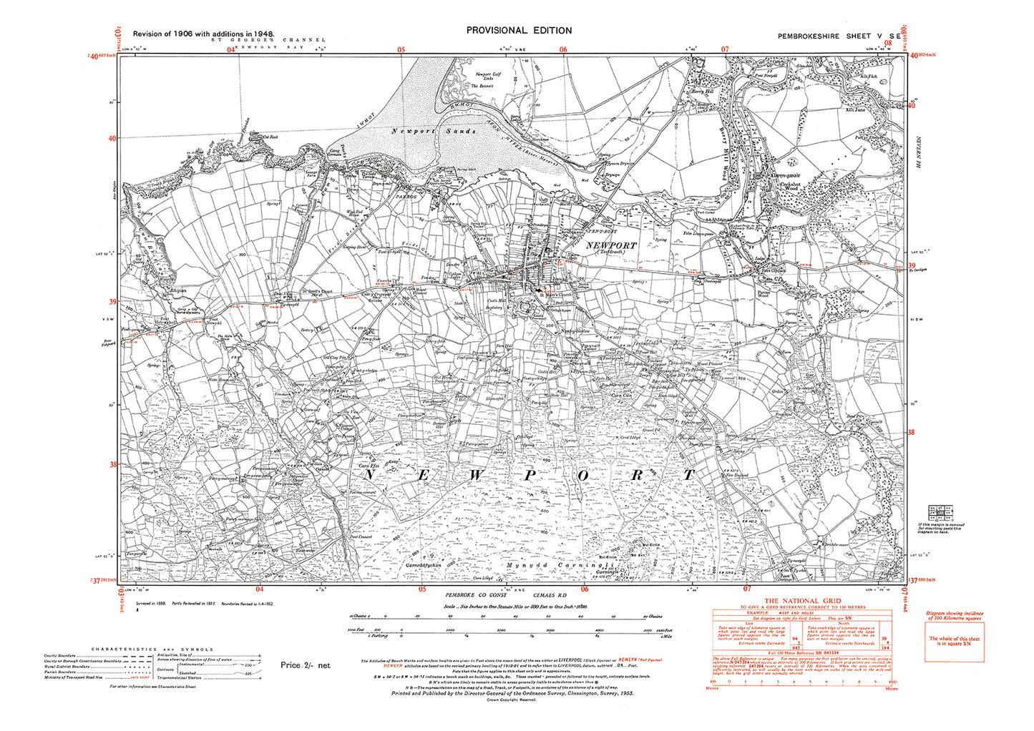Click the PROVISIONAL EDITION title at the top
[519, 30]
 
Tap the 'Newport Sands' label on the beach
[434, 132]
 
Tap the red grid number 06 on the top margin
[563, 49]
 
